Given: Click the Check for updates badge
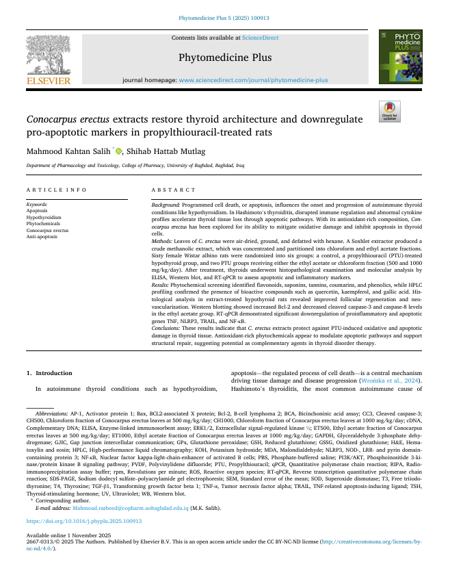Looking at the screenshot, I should pos(391,112).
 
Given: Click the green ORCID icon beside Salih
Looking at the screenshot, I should pos(118,151).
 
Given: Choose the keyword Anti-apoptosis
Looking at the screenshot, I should pos(42,235).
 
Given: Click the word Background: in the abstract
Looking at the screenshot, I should pos(166,205).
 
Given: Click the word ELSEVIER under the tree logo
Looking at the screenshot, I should pos(49,81).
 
